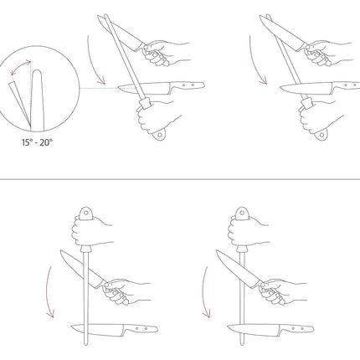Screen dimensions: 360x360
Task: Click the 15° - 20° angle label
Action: pyautogui.click(x=37, y=142)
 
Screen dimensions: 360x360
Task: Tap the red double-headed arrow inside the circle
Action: pyautogui.click(x=19, y=66)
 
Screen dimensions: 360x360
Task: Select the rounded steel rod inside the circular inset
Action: pyautogui.click(x=38, y=100)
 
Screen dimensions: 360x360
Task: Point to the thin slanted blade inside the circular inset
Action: pyautogui.click(x=19, y=103)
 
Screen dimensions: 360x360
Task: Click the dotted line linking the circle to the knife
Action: pyautogui.click(x=99, y=88)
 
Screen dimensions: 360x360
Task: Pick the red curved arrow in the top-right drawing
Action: pyautogui.click(x=255, y=62)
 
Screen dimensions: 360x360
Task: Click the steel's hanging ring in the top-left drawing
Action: pyautogui.click(x=159, y=135)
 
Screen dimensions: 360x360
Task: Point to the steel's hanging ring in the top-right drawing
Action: pyautogui.click(x=321, y=135)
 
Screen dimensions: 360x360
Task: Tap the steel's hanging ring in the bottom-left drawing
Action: pyautogui.click(x=86, y=213)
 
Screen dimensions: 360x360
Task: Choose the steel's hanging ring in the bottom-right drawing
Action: pyautogui.click(x=242, y=213)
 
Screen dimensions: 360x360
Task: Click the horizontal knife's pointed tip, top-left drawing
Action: pyautogui.click(x=118, y=88)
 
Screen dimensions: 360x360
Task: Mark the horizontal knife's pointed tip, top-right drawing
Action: pyautogui.click(x=280, y=88)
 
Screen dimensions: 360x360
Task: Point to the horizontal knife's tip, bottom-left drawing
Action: pyautogui.click(x=72, y=328)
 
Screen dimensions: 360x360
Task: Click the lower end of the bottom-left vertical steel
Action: pyautogui.click(x=86, y=345)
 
